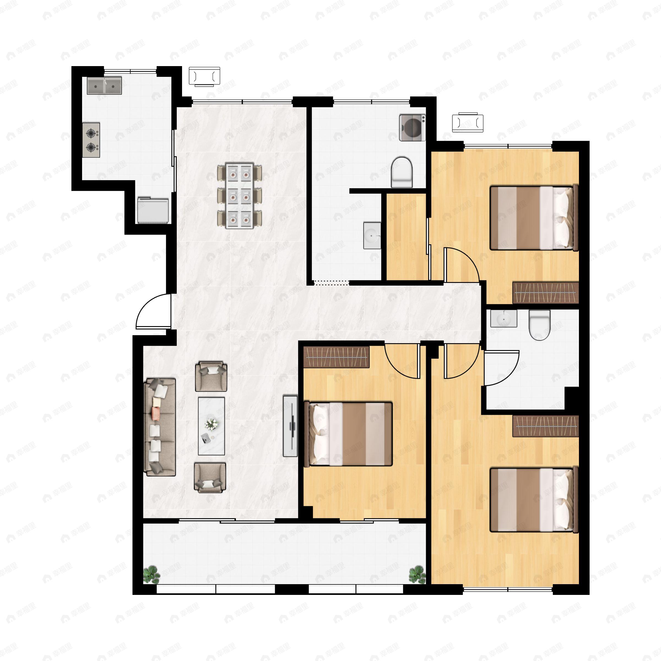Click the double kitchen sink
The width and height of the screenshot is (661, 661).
(x=104, y=86)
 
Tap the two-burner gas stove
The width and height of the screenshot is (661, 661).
(x=91, y=140)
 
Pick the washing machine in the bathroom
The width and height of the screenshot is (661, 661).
(x=412, y=128)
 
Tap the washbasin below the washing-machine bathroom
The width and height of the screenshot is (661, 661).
(x=372, y=235)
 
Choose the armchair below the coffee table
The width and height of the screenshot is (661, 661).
(x=210, y=478)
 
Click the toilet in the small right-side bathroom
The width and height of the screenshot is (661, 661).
(x=539, y=325)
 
